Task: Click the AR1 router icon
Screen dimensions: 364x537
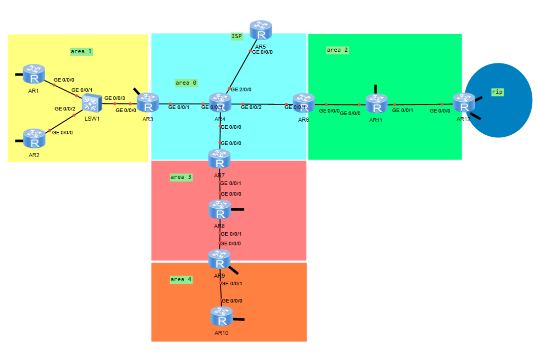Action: (34, 74)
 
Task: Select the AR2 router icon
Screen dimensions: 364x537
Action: (34, 138)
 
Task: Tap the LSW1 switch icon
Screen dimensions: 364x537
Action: (92, 103)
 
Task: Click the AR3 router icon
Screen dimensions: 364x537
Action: (148, 103)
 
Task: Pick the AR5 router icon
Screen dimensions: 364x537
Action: (261, 30)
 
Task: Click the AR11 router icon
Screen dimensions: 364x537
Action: (376, 103)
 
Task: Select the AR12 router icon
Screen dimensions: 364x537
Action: (464, 103)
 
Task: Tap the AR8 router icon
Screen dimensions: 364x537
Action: (220, 209)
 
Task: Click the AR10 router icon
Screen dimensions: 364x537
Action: (222, 316)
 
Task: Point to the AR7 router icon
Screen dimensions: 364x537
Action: (219, 159)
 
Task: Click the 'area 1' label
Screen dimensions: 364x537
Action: (81, 52)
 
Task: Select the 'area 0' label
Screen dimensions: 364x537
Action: (186, 83)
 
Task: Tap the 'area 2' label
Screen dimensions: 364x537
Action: (337, 50)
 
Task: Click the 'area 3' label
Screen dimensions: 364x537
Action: (181, 177)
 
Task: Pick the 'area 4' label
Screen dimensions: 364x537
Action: (181, 279)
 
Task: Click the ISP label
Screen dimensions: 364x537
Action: (237, 36)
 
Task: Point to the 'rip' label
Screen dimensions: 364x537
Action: (497, 92)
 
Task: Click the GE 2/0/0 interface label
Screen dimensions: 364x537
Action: (241, 89)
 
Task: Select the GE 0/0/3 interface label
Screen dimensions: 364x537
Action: (115, 98)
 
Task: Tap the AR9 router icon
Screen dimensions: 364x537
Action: (219, 259)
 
